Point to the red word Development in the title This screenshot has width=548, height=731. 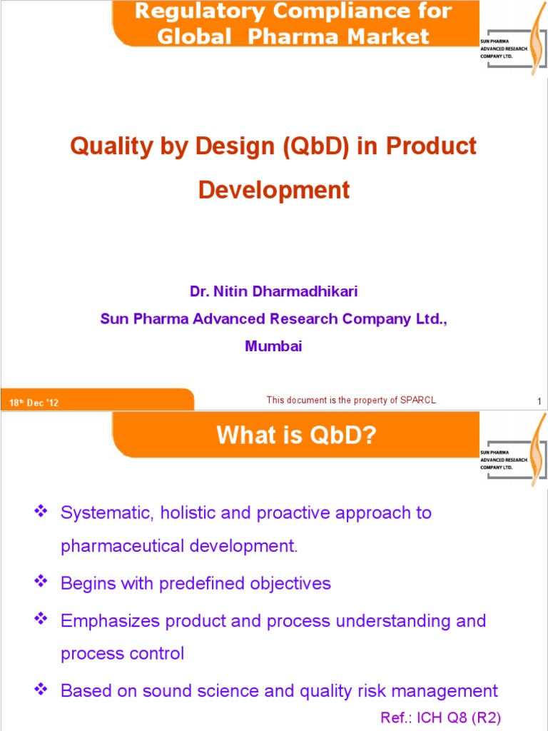[x=273, y=190]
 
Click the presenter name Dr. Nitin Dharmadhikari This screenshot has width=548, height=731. [x=273, y=291]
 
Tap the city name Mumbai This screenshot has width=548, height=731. [x=273, y=346]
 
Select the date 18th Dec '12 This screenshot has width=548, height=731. [x=34, y=403]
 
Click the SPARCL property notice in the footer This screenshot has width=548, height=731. [x=350, y=400]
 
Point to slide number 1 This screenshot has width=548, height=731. [x=539, y=403]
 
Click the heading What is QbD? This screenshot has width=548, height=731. [x=296, y=435]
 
